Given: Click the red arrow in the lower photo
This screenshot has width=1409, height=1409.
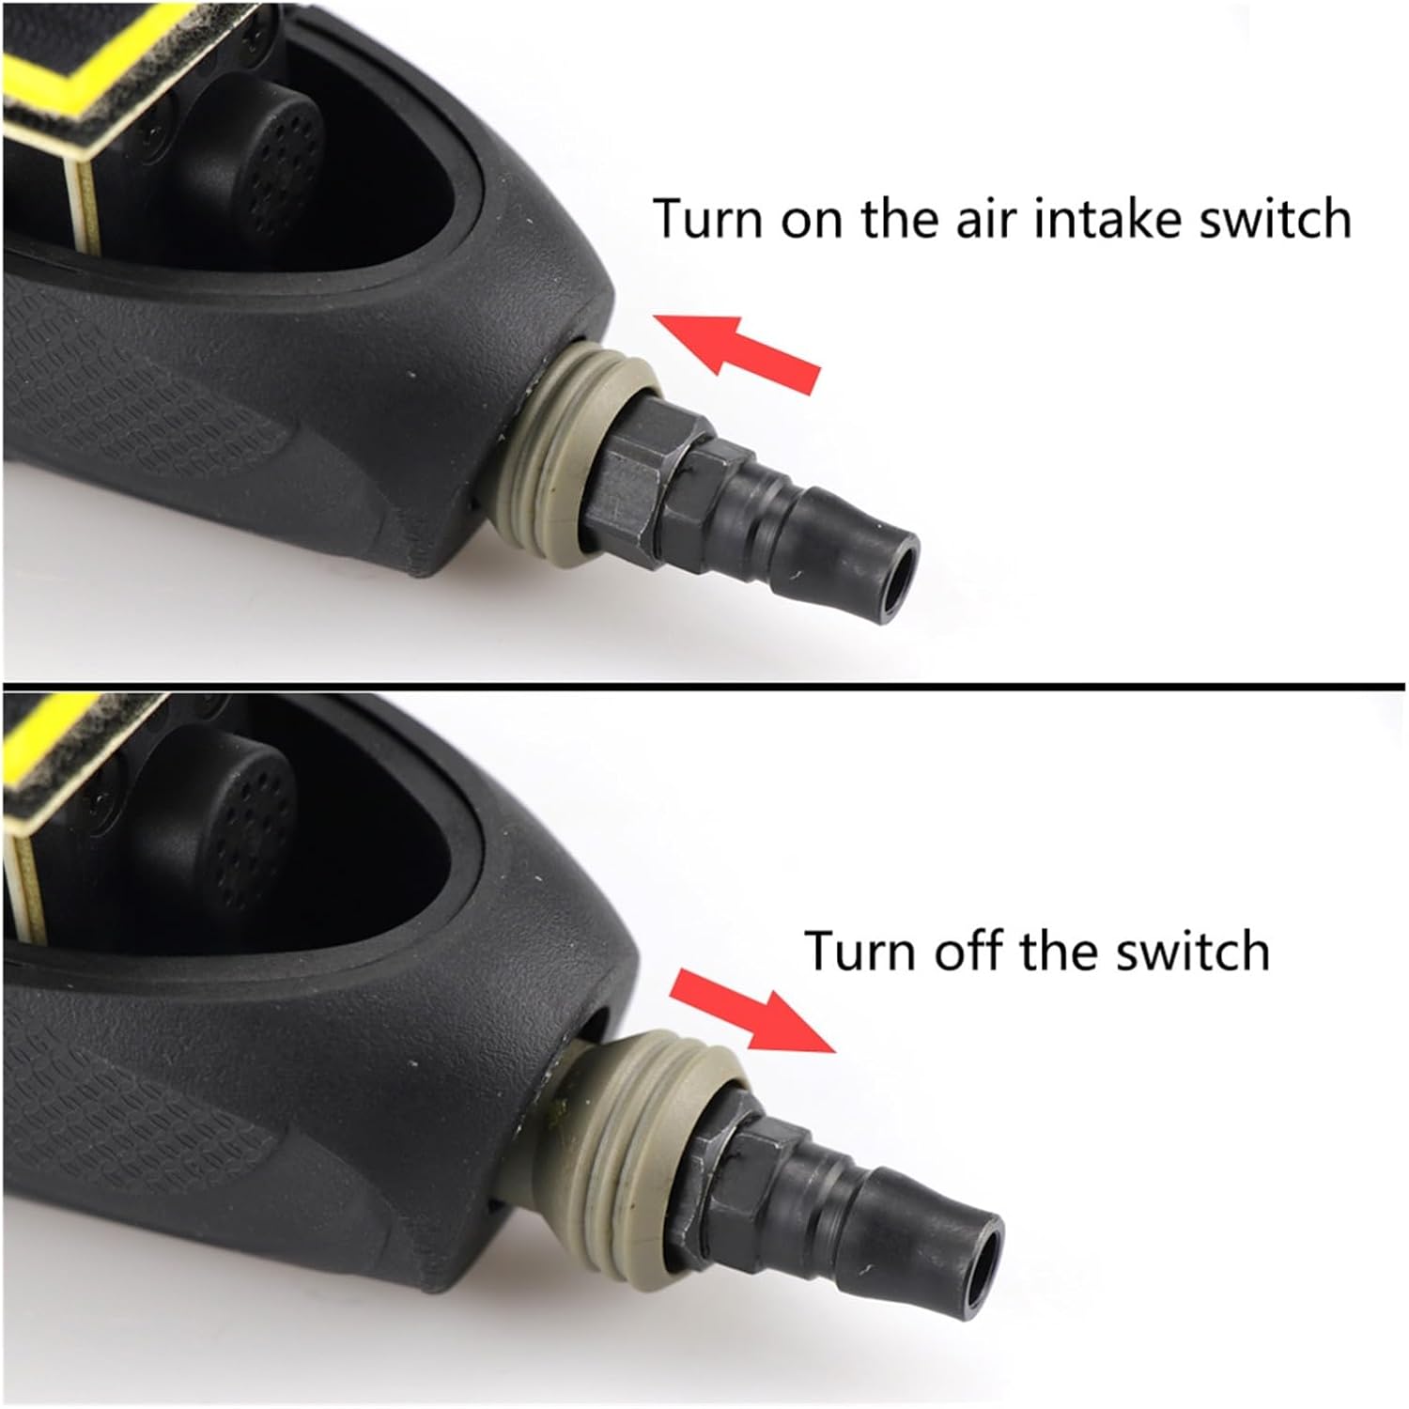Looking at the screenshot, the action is [751, 1016].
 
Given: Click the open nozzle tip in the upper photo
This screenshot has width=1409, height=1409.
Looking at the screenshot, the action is [897, 565].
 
